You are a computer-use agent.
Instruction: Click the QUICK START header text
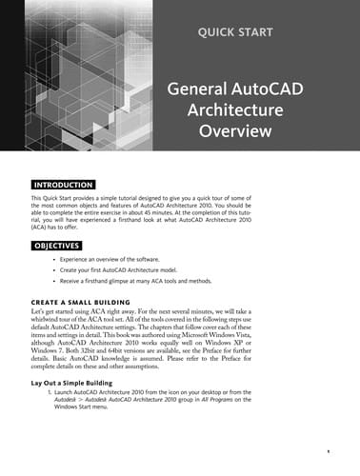234,32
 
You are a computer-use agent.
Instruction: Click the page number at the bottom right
327,450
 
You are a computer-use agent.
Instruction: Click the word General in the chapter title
197,89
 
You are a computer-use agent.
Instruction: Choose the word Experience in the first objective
78,259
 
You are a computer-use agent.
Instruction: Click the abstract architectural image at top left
76,76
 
